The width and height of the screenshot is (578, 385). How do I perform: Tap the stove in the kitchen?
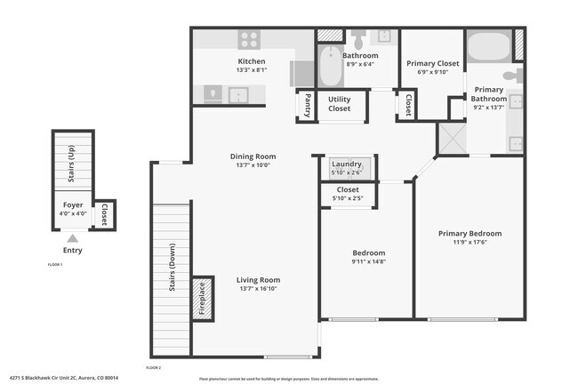tap(249, 39)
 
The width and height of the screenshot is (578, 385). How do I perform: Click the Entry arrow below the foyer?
tap(72, 238)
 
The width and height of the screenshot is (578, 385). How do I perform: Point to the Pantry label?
tap(308, 105)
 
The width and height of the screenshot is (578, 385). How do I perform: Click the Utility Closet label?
tap(340, 103)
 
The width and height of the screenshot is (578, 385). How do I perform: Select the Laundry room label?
tap(346, 164)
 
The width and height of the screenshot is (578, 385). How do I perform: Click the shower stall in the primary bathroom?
tap(450, 140)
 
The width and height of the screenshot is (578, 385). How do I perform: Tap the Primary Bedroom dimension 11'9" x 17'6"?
tap(470, 243)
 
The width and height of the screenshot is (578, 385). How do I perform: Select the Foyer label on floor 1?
tap(72, 205)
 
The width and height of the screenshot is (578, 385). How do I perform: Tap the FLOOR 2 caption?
tap(153, 366)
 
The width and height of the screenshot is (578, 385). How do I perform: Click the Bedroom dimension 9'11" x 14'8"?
tap(367, 261)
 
